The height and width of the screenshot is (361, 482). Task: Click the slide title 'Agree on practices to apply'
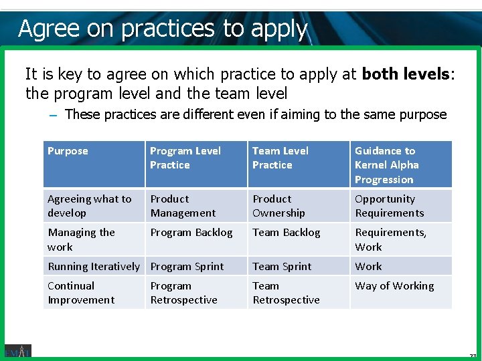(162, 29)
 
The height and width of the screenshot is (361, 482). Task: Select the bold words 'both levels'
(406, 74)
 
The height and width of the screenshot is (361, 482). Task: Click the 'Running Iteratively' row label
(93, 266)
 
